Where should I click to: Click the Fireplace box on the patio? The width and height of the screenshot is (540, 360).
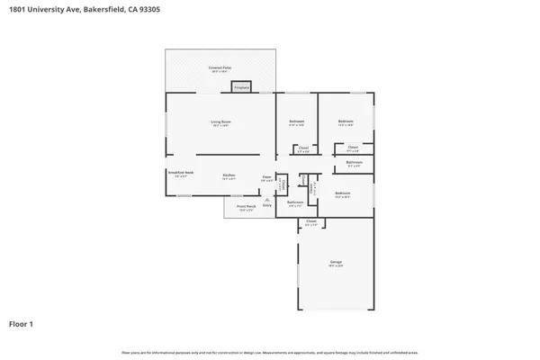pos(241,86)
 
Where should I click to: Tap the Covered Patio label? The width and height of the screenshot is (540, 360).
pos(220,67)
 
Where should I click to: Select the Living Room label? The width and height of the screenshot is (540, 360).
pos(221,121)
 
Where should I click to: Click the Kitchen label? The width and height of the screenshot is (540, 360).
pos(229,175)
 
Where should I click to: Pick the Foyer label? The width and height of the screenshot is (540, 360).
pos(266,176)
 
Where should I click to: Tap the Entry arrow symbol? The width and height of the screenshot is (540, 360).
pos(266,200)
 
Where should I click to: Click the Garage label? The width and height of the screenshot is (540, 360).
pos(335,262)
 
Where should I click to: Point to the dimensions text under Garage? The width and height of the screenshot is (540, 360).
pos(335,266)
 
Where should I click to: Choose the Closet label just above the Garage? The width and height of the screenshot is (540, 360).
pos(311,220)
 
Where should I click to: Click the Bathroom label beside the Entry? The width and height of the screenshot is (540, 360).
pos(295,202)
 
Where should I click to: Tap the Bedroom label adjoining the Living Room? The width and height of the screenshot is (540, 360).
pos(296,121)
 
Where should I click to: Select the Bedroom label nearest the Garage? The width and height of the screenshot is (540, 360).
pos(342,193)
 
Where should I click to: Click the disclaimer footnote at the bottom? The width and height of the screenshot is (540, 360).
pos(270,351)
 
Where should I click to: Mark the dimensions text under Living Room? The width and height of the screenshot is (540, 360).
pos(221,126)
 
